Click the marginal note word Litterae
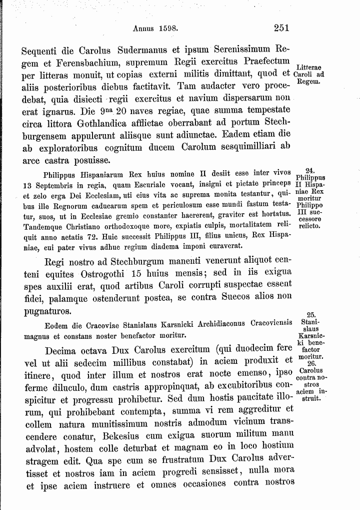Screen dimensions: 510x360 [309, 67]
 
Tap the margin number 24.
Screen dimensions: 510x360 [309, 171]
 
